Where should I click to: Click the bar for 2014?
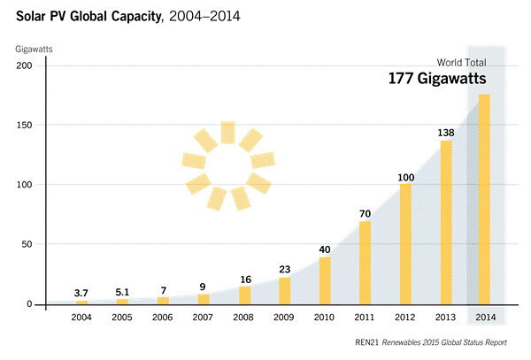484,199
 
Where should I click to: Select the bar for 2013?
446,222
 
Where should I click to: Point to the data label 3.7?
82,292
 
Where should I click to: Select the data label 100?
405,178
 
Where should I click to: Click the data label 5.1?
123,290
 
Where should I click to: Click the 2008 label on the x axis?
244,318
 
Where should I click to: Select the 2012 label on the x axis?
405,318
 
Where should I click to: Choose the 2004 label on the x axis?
82,318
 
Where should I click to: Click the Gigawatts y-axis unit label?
35,48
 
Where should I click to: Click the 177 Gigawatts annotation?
437,80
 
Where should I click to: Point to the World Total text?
461,62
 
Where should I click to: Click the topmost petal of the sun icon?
228,132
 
